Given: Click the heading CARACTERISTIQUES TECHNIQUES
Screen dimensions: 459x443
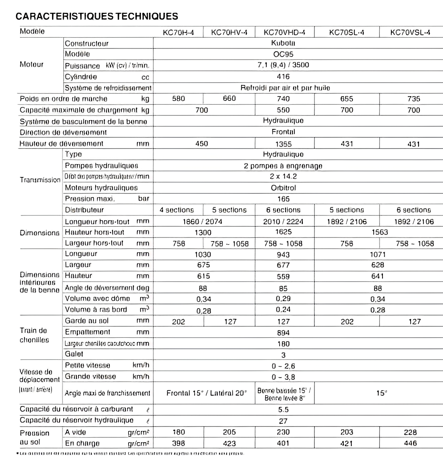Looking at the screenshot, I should [97, 16].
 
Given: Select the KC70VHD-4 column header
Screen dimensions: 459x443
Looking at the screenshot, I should [284, 32].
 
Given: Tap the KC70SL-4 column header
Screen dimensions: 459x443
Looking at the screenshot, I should [346, 32].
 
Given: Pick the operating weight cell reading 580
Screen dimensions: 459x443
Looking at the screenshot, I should [178, 99].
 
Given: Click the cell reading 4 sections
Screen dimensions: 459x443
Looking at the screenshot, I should [177, 210].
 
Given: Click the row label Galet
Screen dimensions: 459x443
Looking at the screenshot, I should [74, 354].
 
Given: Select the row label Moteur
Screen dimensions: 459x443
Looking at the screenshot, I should [32, 64].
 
